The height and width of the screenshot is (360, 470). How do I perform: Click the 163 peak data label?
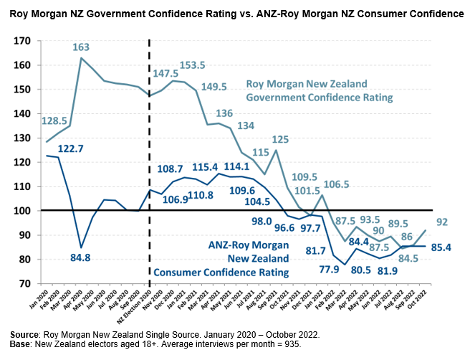[x=80, y=47]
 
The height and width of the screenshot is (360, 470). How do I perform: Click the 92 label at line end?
[x=443, y=222]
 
